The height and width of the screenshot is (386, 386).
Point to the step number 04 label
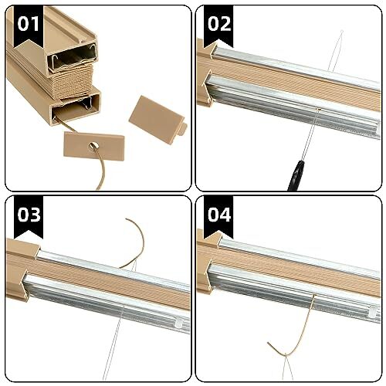pos(219,214)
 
